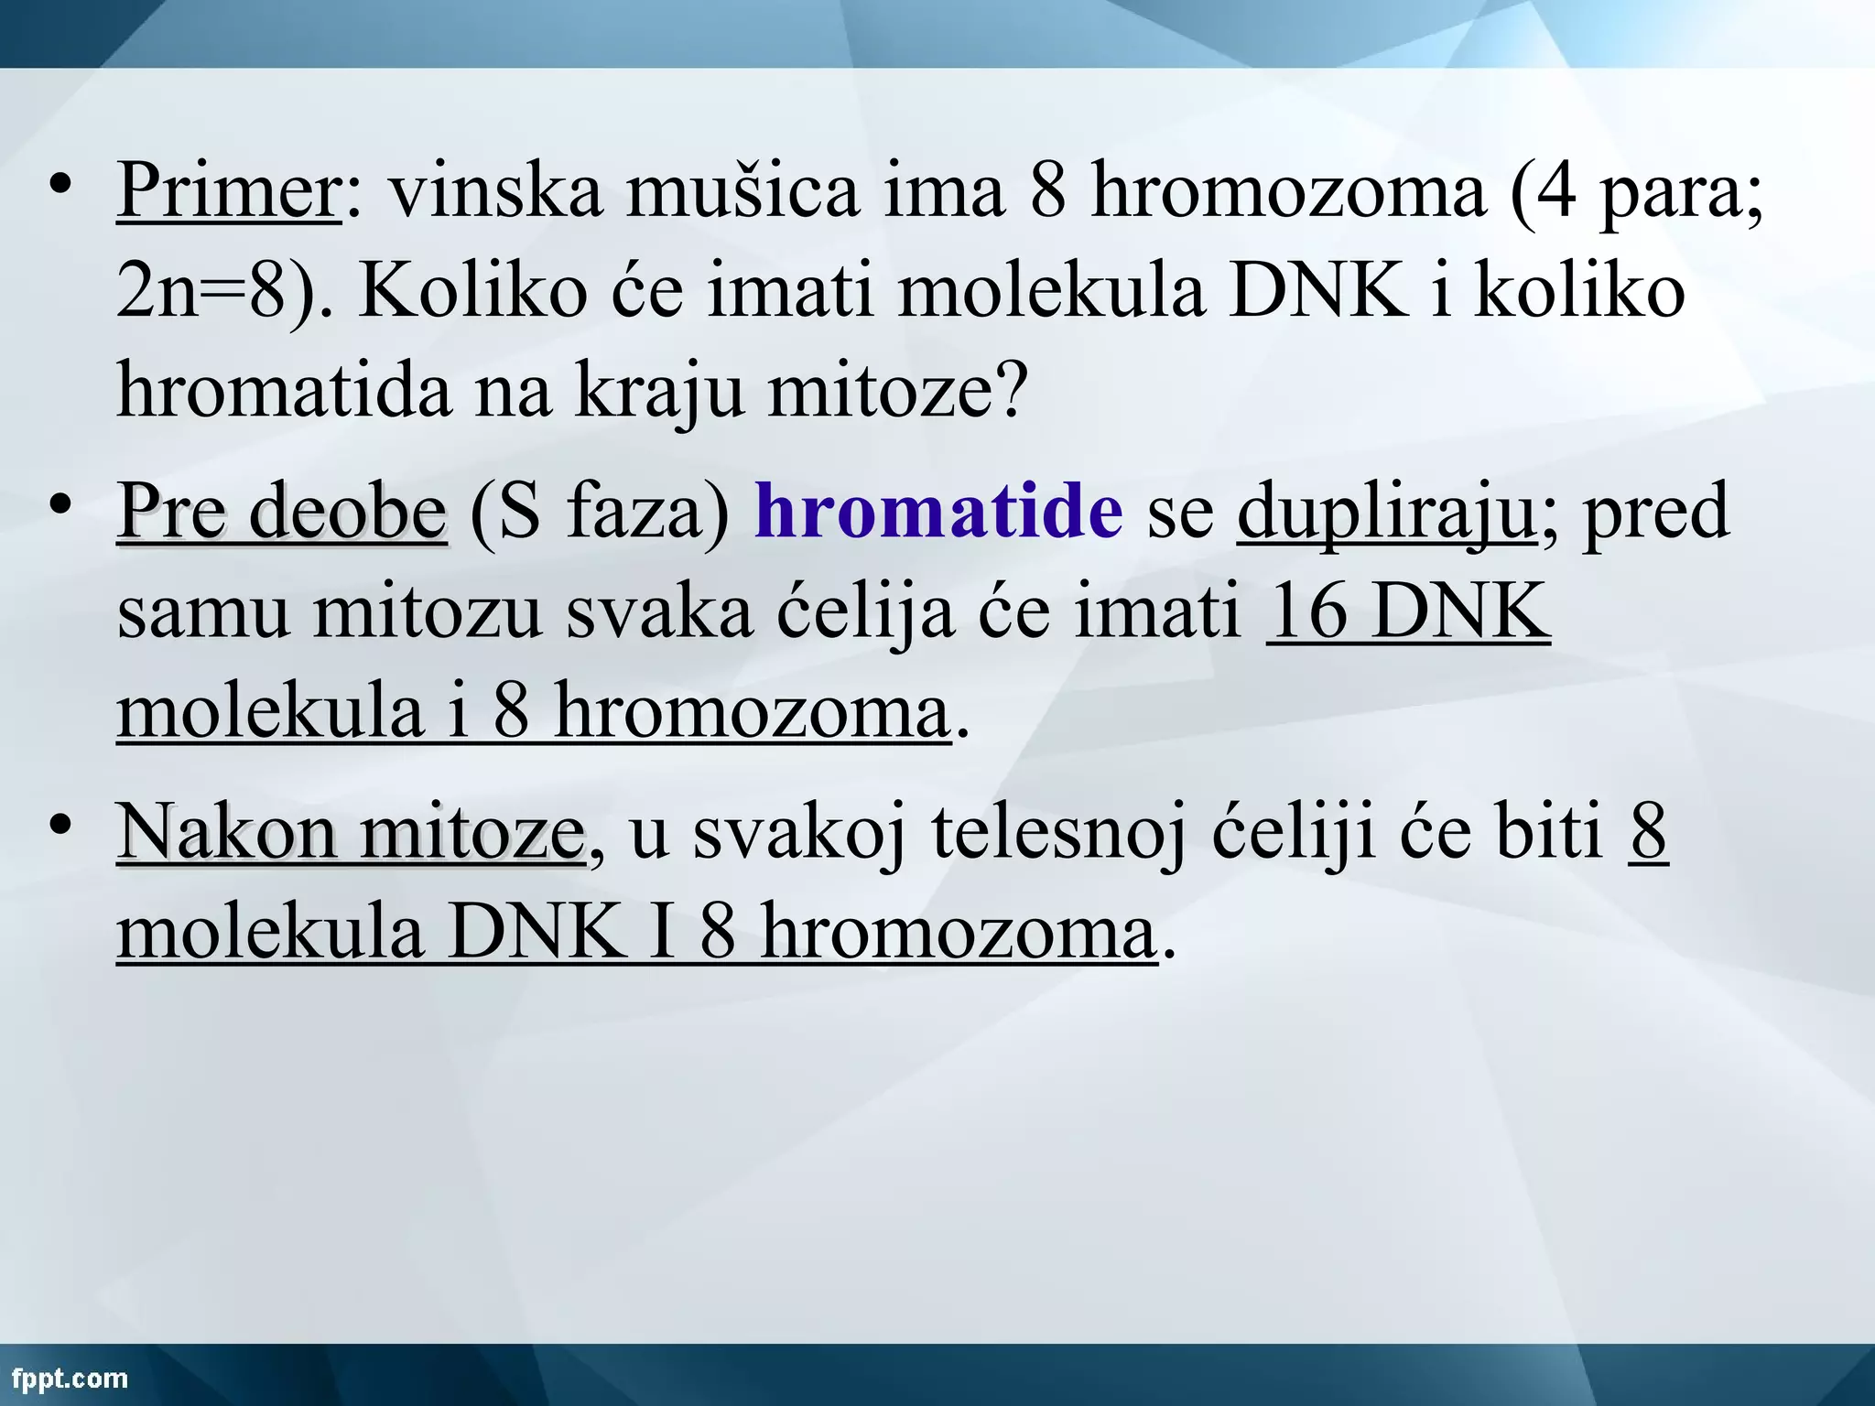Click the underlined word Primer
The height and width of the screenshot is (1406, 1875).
(229, 190)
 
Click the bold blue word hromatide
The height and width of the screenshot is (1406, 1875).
(938, 511)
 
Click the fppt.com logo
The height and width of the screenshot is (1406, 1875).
(70, 1378)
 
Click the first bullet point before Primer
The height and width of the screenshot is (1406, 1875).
(61, 186)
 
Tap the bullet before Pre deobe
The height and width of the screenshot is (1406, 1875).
(61, 504)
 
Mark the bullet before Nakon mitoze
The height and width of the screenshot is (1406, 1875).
(61, 825)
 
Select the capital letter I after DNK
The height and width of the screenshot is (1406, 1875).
(661, 932)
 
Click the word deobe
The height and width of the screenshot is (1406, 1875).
(348, 511)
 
